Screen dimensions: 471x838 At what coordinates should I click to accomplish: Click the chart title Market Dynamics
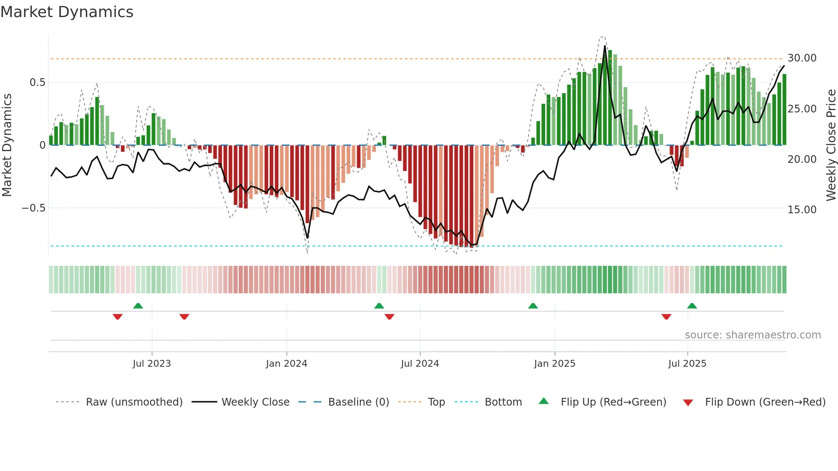[x=67, y=12]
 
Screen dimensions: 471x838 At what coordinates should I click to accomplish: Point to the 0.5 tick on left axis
[x=37, y=82]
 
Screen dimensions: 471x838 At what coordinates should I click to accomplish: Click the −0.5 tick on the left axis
[x=33, y=208]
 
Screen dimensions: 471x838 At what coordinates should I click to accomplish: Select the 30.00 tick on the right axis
[x=802, y=58]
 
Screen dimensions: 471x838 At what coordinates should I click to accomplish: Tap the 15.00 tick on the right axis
[x=802, y=210]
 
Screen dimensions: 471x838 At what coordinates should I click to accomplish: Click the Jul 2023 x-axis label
[x=151, y=364]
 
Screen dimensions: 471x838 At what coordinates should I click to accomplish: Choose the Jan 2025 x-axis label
[x=554, y=364]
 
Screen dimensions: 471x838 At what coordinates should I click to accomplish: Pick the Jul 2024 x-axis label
[x=419, y=364]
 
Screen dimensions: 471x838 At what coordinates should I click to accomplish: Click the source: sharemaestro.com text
[x=752, y=335]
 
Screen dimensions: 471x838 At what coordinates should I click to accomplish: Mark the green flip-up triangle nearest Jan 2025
[x=533, y=306]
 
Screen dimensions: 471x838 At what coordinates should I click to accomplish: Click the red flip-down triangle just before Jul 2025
[x=666, y=317]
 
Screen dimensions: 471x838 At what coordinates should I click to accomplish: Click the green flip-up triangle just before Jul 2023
[x=138, y=306]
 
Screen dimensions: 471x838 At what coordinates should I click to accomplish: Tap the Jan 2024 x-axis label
[x=286, y=364]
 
